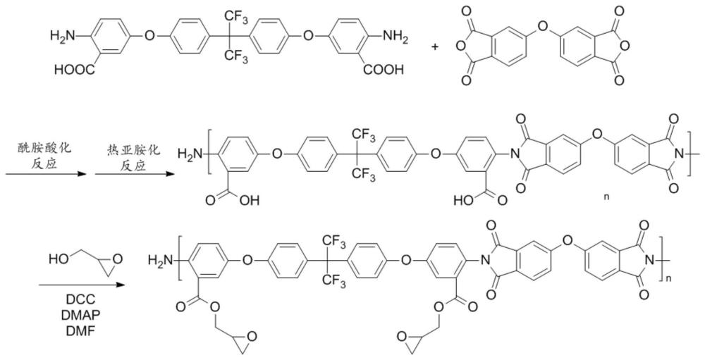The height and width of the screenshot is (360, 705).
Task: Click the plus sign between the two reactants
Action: click(x=435, y=46)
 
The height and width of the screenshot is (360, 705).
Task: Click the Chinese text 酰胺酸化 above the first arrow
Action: click(x=45, y=147)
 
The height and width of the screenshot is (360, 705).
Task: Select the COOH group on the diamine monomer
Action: click(x=384, y=70)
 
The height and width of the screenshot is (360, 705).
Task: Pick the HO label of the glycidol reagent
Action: click(x=59, y=259)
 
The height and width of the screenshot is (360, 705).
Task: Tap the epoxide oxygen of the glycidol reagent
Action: click(x=116, y=260)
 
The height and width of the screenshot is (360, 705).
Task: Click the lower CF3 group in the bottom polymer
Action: click(x=333, y=284)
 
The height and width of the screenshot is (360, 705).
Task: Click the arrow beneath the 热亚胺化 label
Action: click(x=134, y=174)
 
